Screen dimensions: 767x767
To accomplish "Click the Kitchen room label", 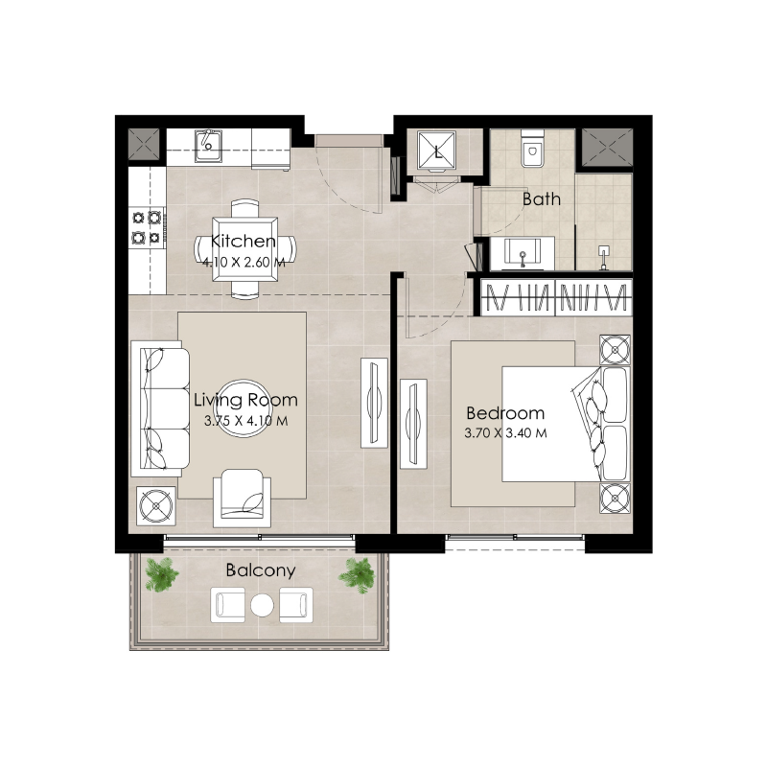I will [244, 242].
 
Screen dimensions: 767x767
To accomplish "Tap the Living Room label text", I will [245, 400].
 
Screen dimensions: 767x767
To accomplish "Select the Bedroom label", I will [505, 413].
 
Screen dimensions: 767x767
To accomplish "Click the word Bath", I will [542, 199].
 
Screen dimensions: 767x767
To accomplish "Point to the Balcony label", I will [260, 569].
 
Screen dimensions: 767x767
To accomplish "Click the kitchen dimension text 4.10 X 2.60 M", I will [244, 260].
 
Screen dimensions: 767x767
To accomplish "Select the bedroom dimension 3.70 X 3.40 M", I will [505, 432].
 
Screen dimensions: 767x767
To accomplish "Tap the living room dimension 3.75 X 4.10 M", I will [245, 419].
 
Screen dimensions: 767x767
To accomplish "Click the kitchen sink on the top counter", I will [209, 147].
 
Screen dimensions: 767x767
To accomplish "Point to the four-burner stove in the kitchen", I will [146, 226].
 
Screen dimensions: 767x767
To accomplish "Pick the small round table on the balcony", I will [262, 604].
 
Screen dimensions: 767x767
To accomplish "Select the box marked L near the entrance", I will [438, 151].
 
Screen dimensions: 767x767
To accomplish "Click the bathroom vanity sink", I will [523, 255].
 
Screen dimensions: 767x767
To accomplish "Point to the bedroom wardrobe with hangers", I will [556, 297].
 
